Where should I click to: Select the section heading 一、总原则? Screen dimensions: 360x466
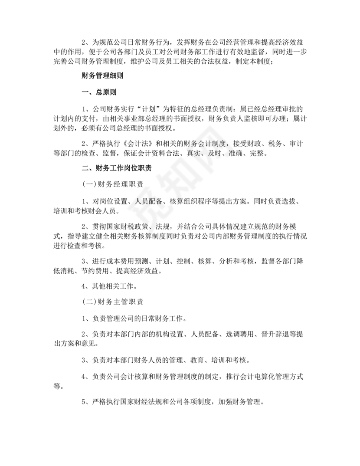pos(99,92)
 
